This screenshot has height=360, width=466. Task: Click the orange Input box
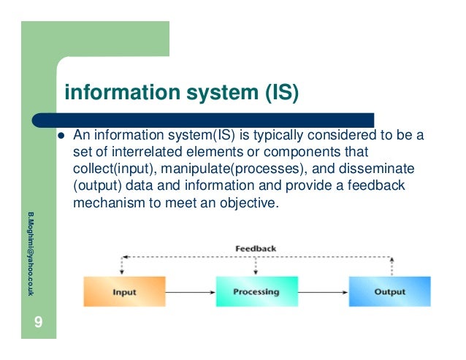(x=123, y=291)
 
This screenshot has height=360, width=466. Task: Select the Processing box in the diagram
(x=256, y=291)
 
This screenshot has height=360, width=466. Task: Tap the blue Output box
(x=389, y=291)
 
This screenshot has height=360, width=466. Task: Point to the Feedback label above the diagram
(x=256, y=248)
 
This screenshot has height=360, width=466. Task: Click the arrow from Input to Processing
(x=188, y=292)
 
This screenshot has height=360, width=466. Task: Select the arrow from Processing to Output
(x=324, y=292)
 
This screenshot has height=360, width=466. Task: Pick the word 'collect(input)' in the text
(x=111, y=169)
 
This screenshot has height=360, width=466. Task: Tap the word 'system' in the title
(x=207, y=93)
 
